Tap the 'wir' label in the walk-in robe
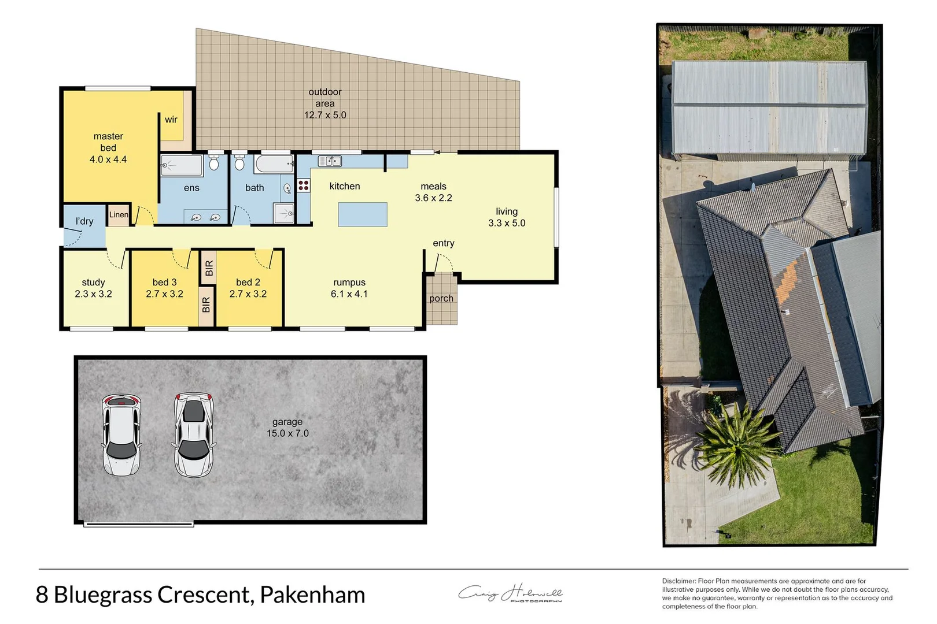171,120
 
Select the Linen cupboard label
119,214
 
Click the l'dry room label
84,221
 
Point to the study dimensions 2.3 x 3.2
93,294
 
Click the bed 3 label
164,282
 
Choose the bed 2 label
248,282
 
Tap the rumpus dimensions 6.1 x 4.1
349,294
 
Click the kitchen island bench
363,214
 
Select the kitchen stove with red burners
304,185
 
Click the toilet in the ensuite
214,164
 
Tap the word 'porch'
441,299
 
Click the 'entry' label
444,243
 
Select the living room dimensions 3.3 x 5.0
507,223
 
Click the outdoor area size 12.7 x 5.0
325,115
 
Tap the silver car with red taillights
194,434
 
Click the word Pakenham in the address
312,595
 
